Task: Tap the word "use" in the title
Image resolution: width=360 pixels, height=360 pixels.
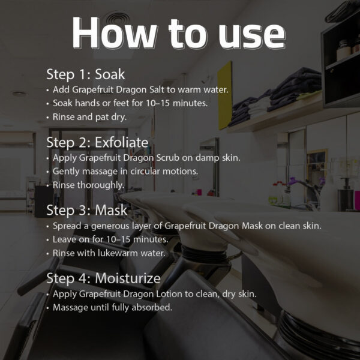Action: click(x=252, y=35)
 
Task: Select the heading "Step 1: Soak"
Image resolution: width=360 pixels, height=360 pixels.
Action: click(x=86, y=74)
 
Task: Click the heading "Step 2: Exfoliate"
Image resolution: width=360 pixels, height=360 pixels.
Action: click(x=97, y=143)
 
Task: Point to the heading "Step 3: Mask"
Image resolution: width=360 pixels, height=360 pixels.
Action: click(x=87, y=211)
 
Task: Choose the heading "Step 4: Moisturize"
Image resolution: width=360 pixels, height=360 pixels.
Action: click(x=103, y=278)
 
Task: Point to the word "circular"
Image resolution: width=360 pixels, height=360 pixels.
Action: click(x=145, y=171)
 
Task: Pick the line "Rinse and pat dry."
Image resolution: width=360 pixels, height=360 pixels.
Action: click(x=89, y=117)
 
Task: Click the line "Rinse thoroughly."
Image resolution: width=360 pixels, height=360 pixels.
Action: click(x=89, y=185)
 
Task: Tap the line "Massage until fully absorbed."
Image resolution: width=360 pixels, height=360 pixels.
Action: click(x=113, y=307)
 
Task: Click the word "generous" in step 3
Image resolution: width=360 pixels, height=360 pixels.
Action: click(x=110, y=226)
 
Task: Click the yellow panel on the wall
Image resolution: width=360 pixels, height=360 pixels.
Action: click(x=225, y=95)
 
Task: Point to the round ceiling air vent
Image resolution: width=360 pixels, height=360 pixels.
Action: click(x=118, y=19)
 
